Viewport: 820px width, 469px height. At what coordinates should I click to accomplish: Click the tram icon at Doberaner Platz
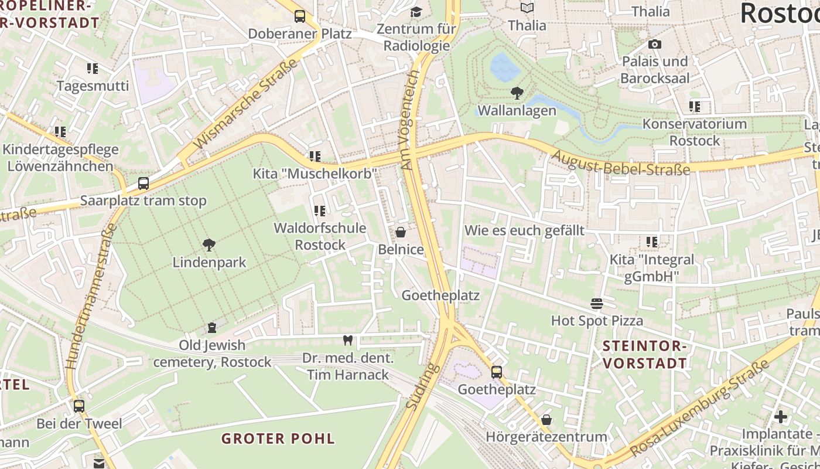[300, 16]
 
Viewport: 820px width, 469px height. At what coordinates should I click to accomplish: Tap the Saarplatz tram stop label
[143, 200]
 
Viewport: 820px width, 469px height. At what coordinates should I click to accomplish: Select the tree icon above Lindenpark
[209, 244]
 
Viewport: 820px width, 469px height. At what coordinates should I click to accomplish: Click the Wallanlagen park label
[517, 111]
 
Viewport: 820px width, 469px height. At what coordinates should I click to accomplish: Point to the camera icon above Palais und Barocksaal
[655, 44]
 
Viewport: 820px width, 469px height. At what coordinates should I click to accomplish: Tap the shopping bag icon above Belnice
[401, 232]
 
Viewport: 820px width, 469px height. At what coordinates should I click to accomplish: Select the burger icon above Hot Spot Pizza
[597, 303]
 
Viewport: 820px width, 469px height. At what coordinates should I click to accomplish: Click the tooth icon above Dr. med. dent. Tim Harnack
[347, 340]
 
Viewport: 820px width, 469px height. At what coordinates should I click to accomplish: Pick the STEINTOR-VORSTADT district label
[644, 355]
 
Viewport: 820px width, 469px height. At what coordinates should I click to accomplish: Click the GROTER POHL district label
[278, 439]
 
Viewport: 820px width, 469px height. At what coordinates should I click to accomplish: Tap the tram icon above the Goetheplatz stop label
[497, 372]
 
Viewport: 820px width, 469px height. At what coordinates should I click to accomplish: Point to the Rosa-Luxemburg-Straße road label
[700, 409]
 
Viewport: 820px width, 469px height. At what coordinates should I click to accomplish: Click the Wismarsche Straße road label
[245, 104]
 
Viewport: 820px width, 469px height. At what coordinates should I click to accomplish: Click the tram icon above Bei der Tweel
[78, 406]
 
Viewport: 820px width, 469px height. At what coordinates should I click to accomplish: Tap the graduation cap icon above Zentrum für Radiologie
[416, 12]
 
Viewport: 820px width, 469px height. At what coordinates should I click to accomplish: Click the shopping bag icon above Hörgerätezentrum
[546, 420]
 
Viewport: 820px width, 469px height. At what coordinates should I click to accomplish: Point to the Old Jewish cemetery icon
[212, 327]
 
